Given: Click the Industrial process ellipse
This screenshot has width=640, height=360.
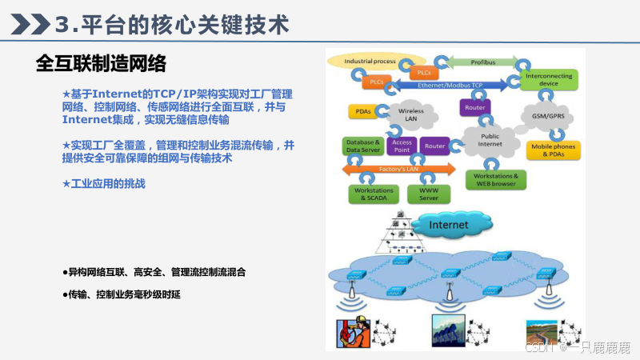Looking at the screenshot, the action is pos(370,62).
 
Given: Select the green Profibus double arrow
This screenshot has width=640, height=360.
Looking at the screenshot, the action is pos(482,62).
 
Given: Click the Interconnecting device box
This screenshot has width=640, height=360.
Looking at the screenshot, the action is pos(549,80).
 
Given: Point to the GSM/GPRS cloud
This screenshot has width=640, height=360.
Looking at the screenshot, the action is pos(548,115).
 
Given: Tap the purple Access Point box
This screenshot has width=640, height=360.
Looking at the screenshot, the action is pos(402,146).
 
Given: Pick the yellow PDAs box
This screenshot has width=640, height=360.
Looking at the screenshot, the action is pos(360,111).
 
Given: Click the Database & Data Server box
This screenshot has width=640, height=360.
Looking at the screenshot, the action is pos(362,146).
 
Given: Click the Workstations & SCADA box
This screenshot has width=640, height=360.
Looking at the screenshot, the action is pos(372,194).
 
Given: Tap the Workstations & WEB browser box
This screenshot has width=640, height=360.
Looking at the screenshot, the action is pos(496,180).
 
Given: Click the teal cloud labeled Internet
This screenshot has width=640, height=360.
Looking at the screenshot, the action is pos(448,226).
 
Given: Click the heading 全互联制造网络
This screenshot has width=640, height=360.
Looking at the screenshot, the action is pos(101,63).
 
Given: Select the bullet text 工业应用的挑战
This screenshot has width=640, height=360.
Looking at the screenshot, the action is pos(108,184).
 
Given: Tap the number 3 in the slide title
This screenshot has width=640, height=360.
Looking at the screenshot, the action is pos(65,25).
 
